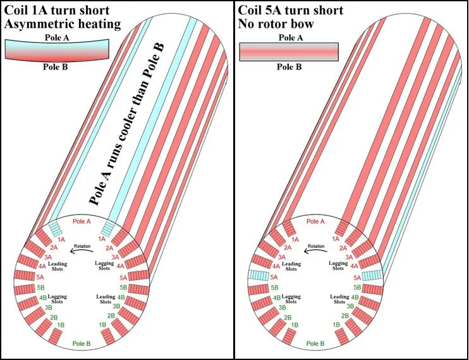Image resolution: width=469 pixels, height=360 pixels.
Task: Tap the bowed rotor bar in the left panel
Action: click(53, 51)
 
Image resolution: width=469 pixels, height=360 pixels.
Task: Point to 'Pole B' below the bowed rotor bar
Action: click(53, 66)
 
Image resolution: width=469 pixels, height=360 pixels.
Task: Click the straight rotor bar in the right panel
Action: click(289, 51)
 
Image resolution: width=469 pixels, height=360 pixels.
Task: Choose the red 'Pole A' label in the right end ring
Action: click(315, 221)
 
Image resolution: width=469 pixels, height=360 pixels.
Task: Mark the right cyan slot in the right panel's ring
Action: click(372, 276)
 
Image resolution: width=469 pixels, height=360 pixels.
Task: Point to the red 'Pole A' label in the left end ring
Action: click(83, 221)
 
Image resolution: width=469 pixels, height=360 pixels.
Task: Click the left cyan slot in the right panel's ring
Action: click(259, 276)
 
